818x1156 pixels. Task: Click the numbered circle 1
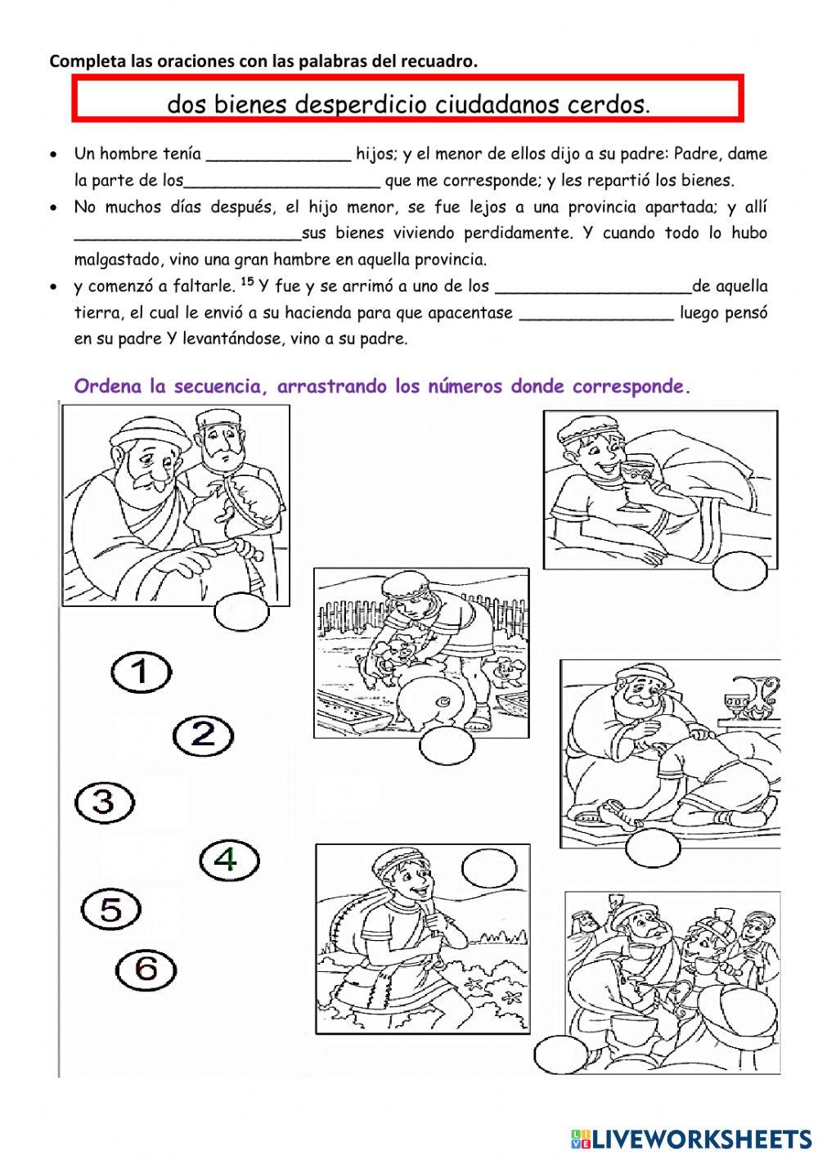click(x=141, y=672)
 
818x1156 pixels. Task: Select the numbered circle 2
click(x=203, y=735)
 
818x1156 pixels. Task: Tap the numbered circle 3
click(x=105, y=803)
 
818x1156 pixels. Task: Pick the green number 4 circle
click(x=229, y=859)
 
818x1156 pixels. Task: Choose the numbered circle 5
click(x=111, y=909)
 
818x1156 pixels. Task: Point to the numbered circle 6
click(x=146, y=969)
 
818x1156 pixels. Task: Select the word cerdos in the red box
click(x=608, y=105)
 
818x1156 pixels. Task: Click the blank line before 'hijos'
click(x=278, y=157)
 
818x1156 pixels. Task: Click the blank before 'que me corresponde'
click(x=282, y=183)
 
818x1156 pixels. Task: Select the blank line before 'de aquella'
click(x=593, y=290)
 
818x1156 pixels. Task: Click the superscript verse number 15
click(x=249, y=282)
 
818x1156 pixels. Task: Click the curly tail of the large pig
click(x=447, y=701)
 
